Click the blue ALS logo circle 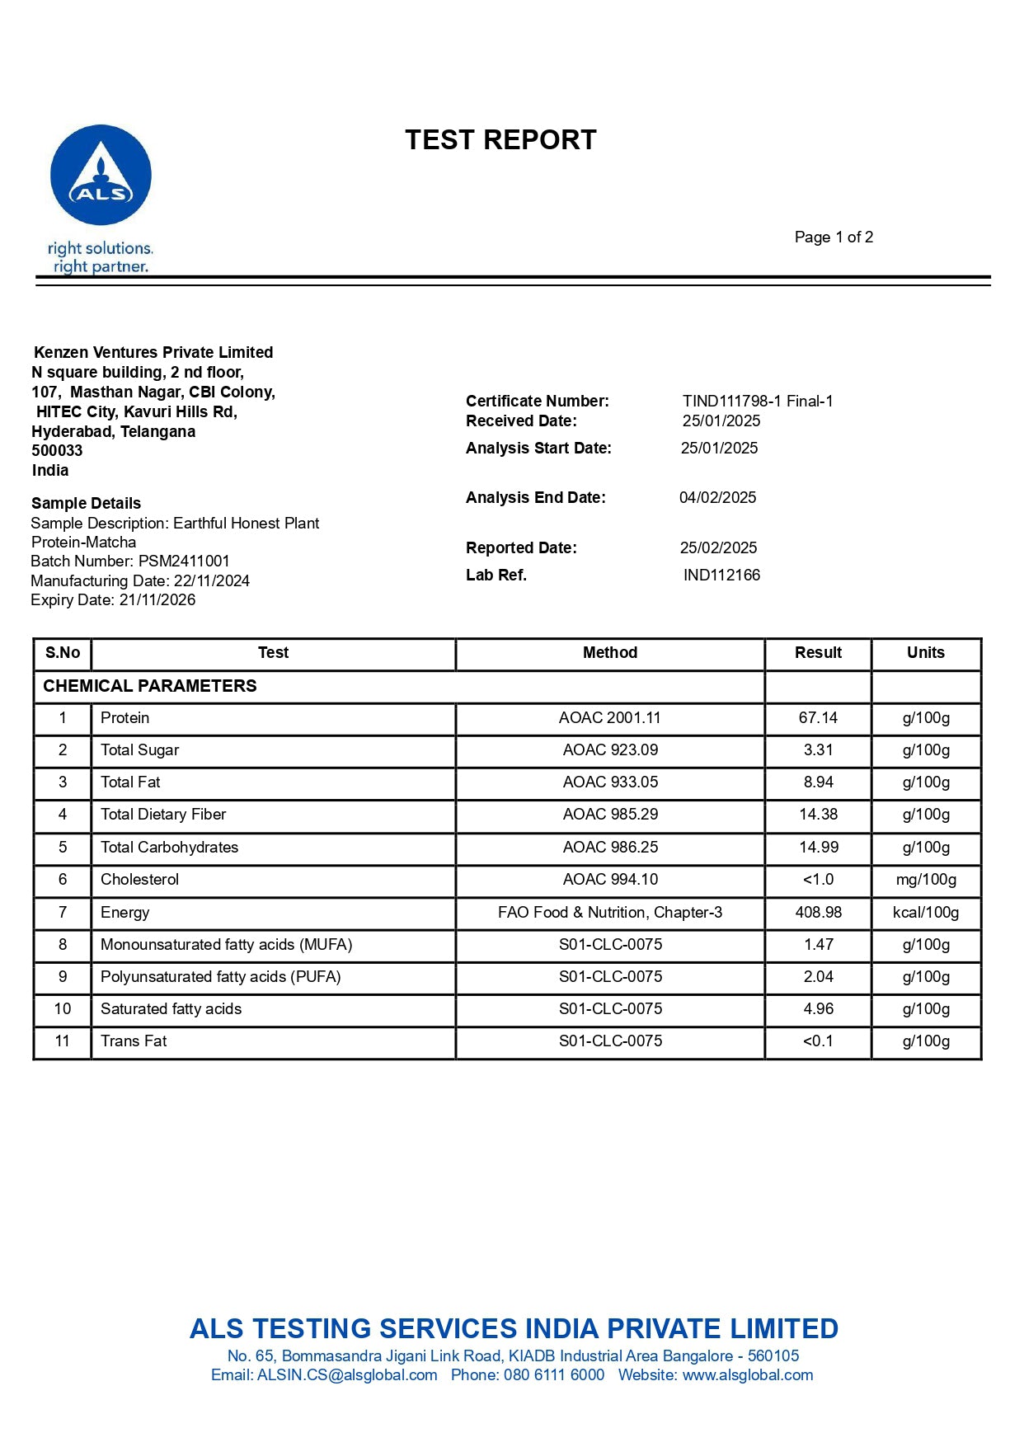(101, 175)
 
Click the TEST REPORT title (500, 140)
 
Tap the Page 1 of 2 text (834, 237)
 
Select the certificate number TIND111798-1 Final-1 (758, 402)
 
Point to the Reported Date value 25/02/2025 (718, 548)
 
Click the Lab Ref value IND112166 (721, 576)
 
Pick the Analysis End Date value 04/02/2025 (717, 498)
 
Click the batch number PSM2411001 (184, 561)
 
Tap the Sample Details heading (86, 504)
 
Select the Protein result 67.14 (818, 718)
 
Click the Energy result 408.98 (818, 913)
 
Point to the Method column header (610, 653)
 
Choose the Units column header (925, 653)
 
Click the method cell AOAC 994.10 (610, 880)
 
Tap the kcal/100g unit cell (925, 913)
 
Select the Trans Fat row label (134, 1041)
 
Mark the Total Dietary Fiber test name (163, 815)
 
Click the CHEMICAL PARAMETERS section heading (150, 686)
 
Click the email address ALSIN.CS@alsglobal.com (347, 1375)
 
